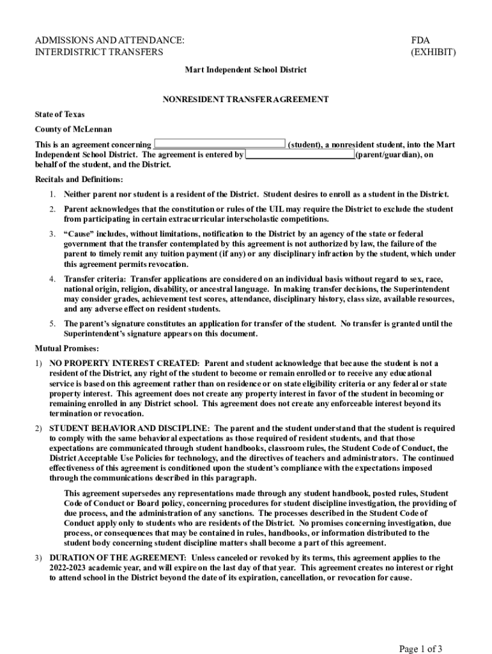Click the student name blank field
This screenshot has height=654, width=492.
tap(220, 145)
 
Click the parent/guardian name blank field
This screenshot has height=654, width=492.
tap(300, 155)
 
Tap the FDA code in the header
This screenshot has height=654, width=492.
tap(422, 40)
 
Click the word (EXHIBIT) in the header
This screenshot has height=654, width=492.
tap(434, 52)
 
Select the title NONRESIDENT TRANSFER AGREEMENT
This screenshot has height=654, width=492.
tap(245, 100)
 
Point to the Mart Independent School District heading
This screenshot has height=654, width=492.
tap(245, 70)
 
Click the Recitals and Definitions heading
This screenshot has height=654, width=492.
tap(79, 179)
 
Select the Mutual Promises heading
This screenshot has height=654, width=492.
tap(66, 349)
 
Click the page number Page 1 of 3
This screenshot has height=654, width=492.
tap(420, 649)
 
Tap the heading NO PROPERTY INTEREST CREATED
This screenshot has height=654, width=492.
tap(125, 363)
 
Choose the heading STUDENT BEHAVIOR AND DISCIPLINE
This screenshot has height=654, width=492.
tap(128, 428)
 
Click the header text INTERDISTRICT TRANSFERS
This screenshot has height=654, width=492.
tap(98, 52)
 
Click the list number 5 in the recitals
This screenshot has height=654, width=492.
tap(53, 324)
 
